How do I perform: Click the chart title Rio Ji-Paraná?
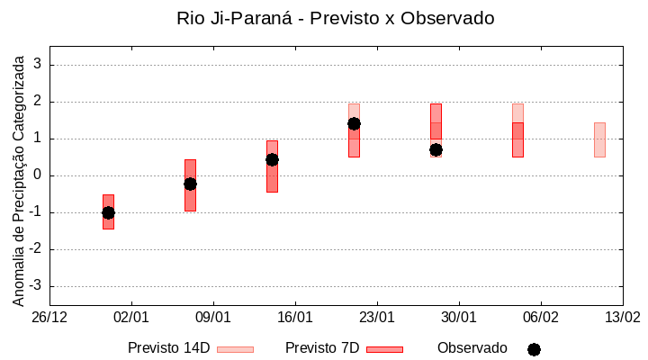335,18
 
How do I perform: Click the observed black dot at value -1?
108,212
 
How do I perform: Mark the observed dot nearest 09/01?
190,184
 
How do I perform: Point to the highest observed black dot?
354,123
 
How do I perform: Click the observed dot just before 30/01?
436,149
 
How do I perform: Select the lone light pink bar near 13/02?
599,139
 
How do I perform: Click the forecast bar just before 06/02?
517,135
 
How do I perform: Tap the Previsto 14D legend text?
168,347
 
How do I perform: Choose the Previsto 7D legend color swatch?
384,348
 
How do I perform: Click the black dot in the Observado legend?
534,349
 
